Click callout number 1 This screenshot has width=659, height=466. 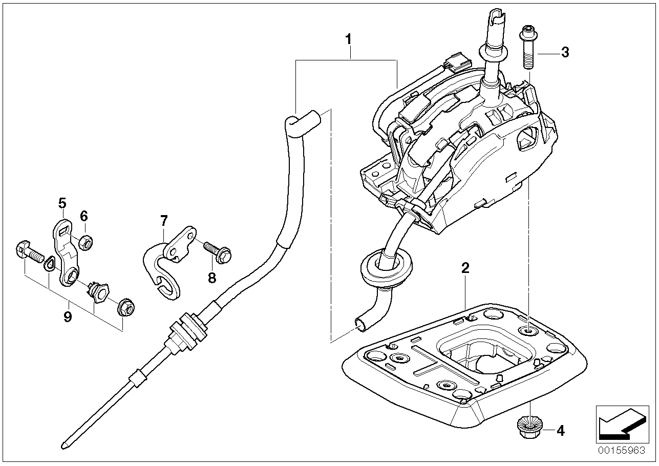coord(348,38)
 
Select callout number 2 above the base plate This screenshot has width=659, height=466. coord(465,267)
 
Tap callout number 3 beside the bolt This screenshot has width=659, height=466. coord(564,52)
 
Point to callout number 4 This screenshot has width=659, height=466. coord(560,431)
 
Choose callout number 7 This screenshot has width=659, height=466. coord(163,221)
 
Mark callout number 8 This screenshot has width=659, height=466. coord(212,277)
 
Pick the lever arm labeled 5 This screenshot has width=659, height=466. coord(67,251)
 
